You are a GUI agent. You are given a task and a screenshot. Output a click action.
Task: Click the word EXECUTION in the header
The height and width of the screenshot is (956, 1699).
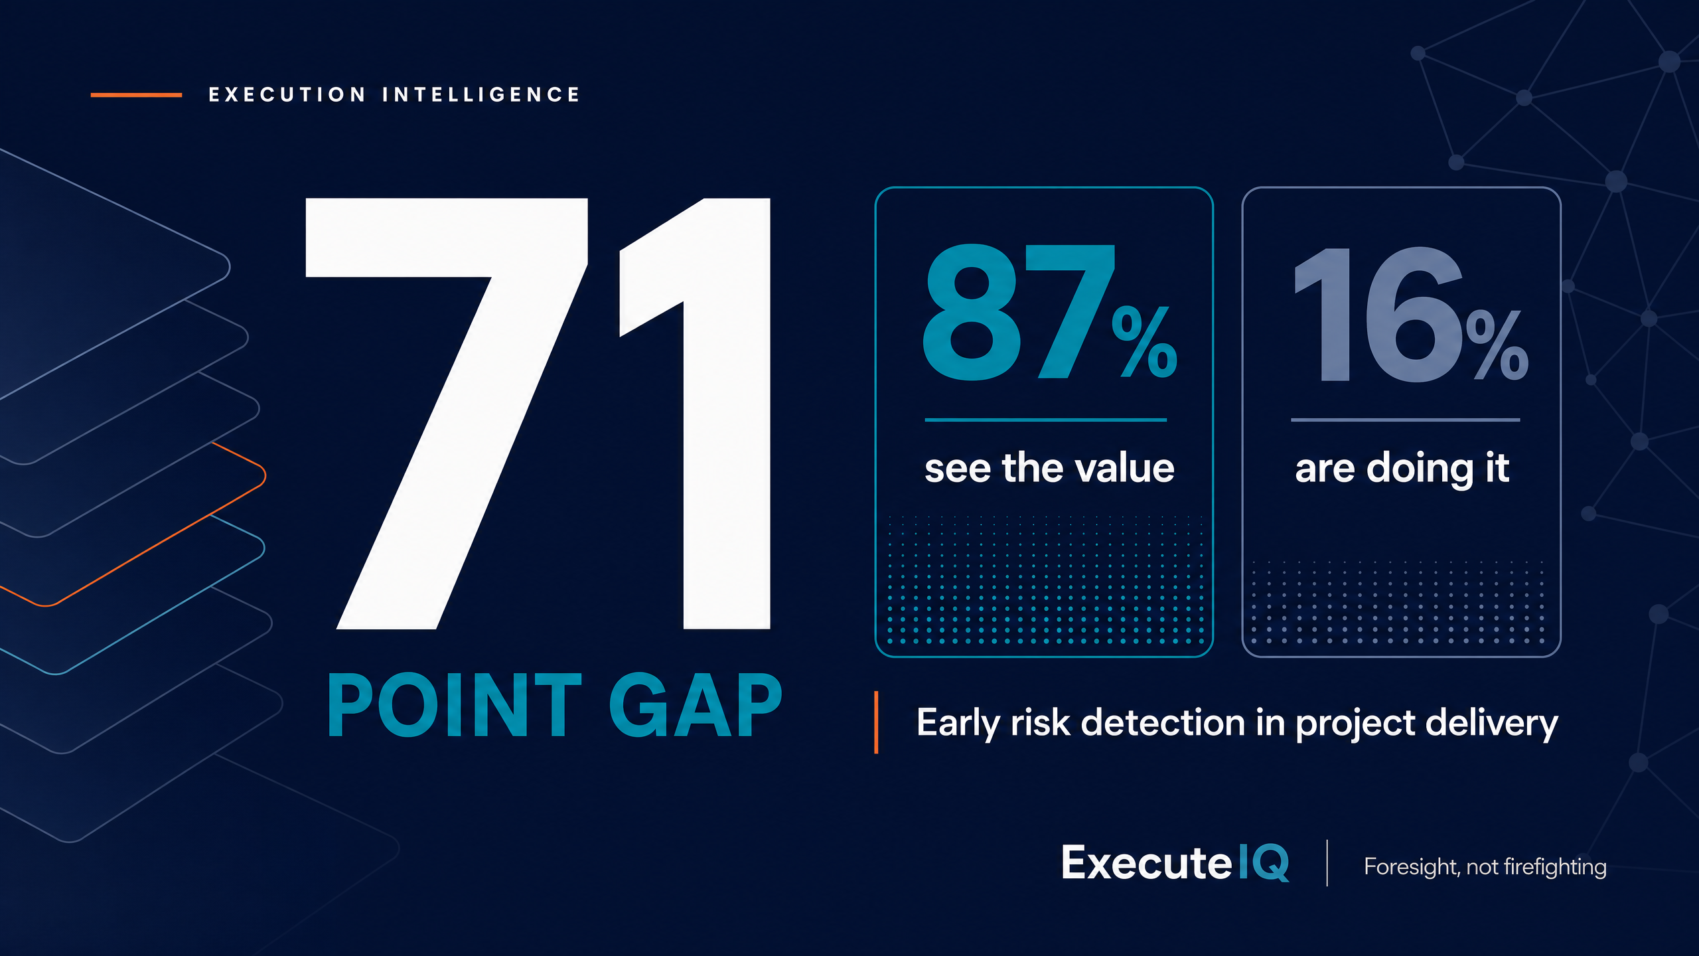pos(287,95)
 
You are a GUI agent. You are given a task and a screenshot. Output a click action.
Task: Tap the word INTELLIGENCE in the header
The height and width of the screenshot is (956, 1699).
pos(481,95)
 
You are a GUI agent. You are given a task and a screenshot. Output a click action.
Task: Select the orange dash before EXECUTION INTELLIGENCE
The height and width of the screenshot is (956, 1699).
pos(136,95)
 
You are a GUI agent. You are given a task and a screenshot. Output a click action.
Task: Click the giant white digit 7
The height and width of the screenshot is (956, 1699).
pos(446,413)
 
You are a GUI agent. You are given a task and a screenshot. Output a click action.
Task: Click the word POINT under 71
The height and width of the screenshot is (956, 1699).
pos(455,705)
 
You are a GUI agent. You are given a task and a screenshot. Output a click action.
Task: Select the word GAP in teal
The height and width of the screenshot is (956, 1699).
pos(696,705)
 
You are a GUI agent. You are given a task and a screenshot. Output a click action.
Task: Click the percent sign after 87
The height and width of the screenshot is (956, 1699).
pos(1145,342)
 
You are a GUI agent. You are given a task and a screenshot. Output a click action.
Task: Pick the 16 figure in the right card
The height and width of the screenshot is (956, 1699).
pos(1379,315)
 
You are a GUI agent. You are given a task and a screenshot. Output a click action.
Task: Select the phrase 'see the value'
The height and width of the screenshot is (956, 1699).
pos(1049,468)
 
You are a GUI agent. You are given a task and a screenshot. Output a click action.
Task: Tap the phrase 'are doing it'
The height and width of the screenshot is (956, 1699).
pos(1402,469)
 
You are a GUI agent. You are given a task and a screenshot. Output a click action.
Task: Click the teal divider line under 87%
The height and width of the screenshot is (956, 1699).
pos(1045,420)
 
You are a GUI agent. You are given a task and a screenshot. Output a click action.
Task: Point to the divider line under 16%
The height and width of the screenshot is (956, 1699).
pos(1405,420)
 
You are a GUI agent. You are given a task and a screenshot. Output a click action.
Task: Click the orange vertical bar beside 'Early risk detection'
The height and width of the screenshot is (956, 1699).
pos(876,722)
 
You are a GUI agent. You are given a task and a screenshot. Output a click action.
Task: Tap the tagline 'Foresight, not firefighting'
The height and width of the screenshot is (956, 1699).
pos(1485,867)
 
